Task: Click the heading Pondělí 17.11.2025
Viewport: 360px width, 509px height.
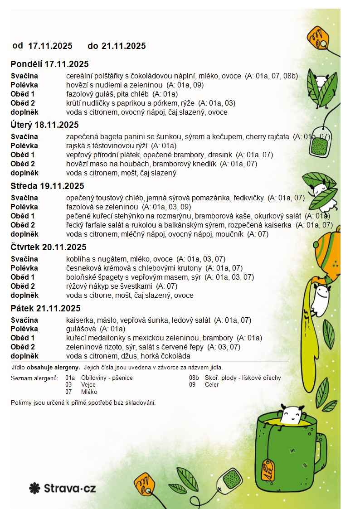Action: [x=49, y=64]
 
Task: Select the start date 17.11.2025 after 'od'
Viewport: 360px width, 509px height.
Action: [x=50, y=46]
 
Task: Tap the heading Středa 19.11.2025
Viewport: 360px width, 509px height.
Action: [x=47, y=186]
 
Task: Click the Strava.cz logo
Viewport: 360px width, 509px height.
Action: [x=63, y=488]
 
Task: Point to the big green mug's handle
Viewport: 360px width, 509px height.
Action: [x=321, y=446]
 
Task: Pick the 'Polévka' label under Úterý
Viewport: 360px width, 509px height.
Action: [x=24, y=146]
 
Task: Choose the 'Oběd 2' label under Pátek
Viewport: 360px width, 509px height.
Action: [x=23, y=347]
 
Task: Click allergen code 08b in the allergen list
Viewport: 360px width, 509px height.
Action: [x=194, y=378]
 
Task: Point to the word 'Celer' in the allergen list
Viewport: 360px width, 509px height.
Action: [x=212, y=385]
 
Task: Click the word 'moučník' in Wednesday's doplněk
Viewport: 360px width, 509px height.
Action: [x=225, y=234]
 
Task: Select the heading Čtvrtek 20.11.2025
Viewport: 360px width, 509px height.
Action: [x=49, y=247]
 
